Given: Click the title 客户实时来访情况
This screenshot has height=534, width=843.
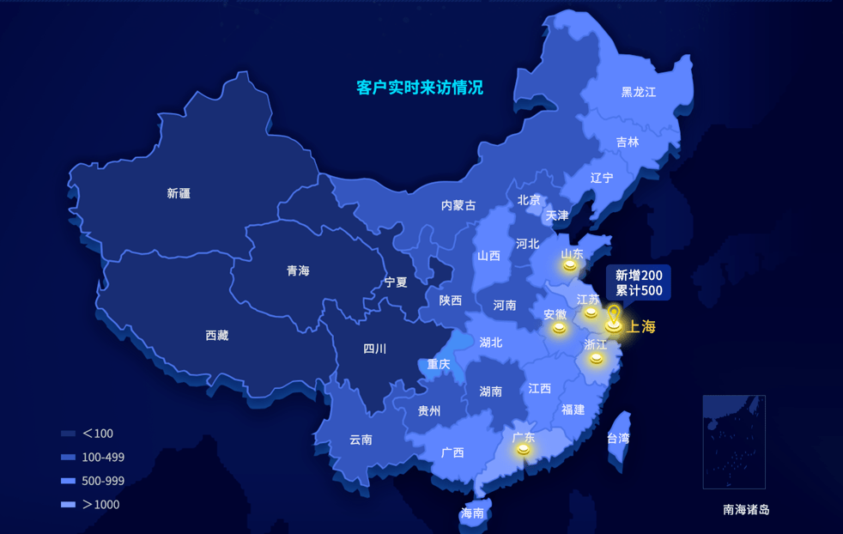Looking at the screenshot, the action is click(x=420, y=88).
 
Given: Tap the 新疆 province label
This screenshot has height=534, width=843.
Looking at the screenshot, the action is click(x=179, y=193).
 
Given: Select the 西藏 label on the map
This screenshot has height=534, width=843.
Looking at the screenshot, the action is click(x=217, y=336).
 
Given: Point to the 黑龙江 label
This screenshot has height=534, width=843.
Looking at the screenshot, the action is click(x=639, y=92).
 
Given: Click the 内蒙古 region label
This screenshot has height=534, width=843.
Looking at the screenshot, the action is click(x=458, y=205).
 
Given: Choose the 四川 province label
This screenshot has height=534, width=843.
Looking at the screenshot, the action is click(x=375, y=349).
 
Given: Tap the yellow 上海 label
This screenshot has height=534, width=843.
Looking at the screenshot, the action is click(x=641, y=326).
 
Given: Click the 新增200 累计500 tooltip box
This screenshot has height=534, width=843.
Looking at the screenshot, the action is click(x=639, y=283).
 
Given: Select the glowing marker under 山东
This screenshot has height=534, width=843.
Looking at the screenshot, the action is click(x=570, y=266).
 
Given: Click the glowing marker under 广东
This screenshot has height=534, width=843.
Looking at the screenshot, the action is click(x=523, y=449).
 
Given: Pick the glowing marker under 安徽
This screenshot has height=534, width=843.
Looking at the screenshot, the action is click(x=559, y=327).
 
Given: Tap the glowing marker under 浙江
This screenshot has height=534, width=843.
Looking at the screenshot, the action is click(x=596, y=357).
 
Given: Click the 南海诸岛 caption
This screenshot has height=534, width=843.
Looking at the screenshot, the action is click(x=746, y=509).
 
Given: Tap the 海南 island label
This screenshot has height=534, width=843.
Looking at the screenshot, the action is click(x=472, y=513).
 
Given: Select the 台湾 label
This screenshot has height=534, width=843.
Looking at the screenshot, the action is click(x=618, y=438).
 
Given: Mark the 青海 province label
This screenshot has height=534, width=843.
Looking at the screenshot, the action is click(x=298, y=270).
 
